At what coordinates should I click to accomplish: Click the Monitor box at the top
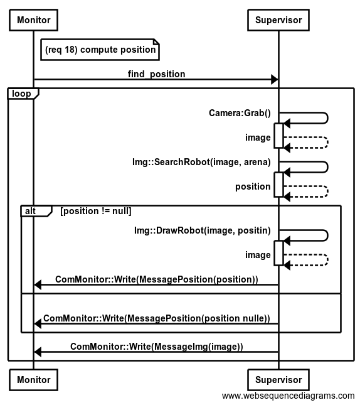click(x=33, y=20)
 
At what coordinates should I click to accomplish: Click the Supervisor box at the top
click(x=278, y=20)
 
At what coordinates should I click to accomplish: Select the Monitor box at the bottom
click(x=33, y=380)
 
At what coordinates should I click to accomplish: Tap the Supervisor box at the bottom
click(x=278, y=380)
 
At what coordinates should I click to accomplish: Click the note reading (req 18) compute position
click(x=100, y=50)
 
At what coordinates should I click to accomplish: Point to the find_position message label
click(x=156, y=74)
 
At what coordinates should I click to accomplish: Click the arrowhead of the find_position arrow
click(x=275, y=79)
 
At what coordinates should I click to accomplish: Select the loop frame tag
click(x=23, y=94)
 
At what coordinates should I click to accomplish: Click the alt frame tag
click(x=36, y=211)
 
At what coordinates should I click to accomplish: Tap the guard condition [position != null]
click(x=96, y=211)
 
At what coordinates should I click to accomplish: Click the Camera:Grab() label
click(x=240, y=113)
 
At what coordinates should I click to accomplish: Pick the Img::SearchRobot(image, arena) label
click(x=201, y=162)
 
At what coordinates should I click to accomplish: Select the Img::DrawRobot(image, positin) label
click(x=203, y=230)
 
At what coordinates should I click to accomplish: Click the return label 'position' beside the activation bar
click(x=253, y=186)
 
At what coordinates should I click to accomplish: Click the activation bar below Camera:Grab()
click(x=278, y=136)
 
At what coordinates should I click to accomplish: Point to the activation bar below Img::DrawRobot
click(x=278, y=253)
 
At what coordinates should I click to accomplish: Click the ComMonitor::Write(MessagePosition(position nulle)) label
click(x=157, y=318)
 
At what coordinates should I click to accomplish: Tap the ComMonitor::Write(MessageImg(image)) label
click(x=157, y=347)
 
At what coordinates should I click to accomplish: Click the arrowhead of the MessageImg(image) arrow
click(x=38, y=352)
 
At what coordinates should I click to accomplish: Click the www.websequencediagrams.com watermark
click(x=289, y=396)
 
